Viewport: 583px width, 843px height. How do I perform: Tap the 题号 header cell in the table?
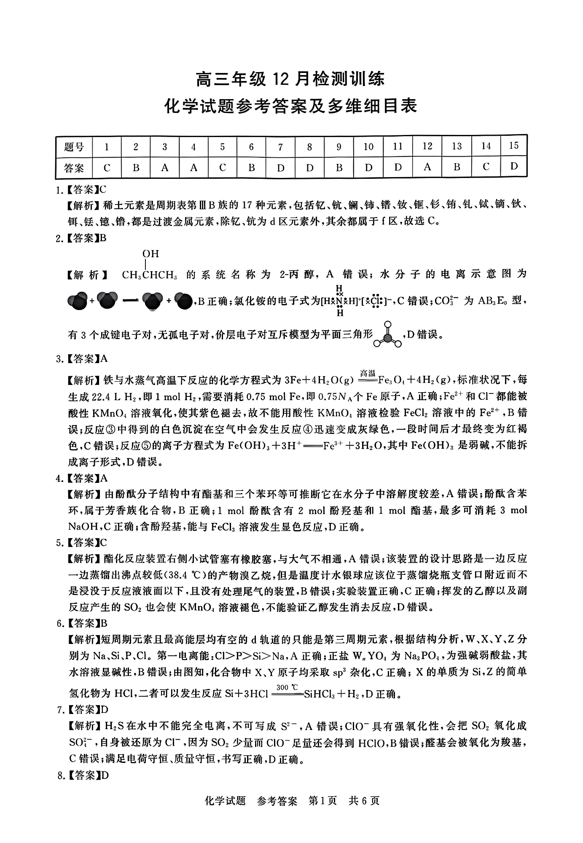(74, 147)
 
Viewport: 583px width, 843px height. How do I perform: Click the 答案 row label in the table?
(74, 168)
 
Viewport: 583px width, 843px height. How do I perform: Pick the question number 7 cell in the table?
(280, 147)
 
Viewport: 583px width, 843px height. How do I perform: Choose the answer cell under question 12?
(427, 167)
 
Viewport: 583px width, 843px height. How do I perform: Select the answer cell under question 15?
(513, 166)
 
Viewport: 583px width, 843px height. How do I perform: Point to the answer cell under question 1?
(107, 168)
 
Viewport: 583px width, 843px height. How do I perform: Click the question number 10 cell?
(368, 147)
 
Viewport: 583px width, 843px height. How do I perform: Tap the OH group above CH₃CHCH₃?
(150, 254)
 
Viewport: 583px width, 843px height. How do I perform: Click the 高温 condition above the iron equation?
(368, 373)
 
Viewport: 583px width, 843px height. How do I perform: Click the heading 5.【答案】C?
(82, 542)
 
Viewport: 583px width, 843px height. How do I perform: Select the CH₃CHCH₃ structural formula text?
(149, 275)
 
